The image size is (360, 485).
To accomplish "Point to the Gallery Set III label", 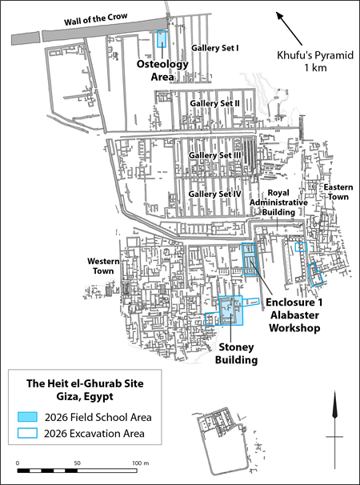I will pyautogui.click(x=214, y=154).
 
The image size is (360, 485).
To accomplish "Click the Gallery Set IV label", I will pyautogui.click(x=214, y=194).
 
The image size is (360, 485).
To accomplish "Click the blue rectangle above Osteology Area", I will pyautogui.click(x=162, y=40).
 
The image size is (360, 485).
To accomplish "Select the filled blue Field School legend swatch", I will pyautogui.click(x=30, y=418).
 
